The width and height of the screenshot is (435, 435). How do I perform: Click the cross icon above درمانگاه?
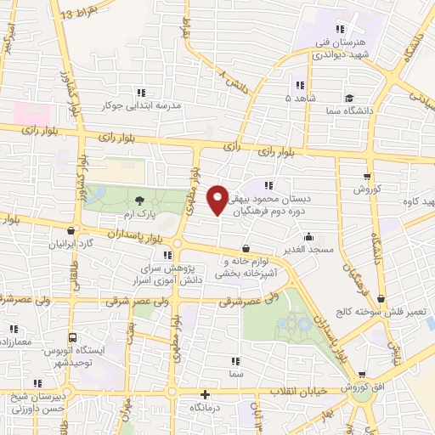(204, 394)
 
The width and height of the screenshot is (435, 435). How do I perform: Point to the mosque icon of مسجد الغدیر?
(308, 237)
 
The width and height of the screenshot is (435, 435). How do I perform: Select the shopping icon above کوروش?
(366, 176)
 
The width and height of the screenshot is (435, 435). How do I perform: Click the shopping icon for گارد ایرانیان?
(71, 230)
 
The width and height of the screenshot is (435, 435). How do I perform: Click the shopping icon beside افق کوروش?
(363, 375)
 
